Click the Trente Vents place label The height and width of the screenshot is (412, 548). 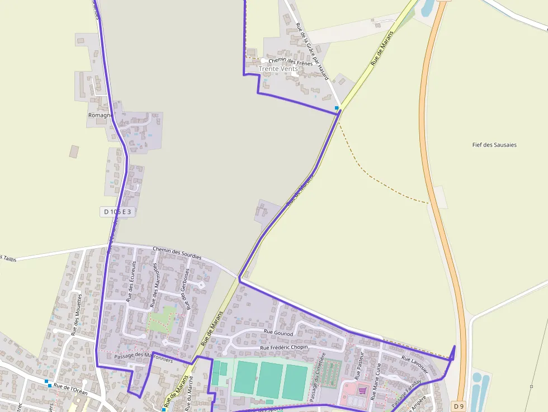click(x=278, y=69)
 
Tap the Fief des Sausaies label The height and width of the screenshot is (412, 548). click(x=494, y=145)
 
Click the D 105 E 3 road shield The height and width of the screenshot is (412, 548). click(x=119, y=212)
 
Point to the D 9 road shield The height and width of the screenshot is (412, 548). click(x=459, y=405)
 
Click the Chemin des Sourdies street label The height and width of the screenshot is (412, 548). click(x=177, y=252)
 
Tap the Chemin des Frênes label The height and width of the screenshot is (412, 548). click(x=290, y=61)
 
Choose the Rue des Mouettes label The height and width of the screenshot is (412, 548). click(x=78, y=314)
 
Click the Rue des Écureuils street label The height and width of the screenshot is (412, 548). click(x=131, y=282)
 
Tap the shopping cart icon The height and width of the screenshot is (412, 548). click(x=362, y=391)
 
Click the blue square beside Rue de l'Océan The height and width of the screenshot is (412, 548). click(x=49, y=385)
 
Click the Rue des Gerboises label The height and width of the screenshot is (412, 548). click(x=187, y=288)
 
